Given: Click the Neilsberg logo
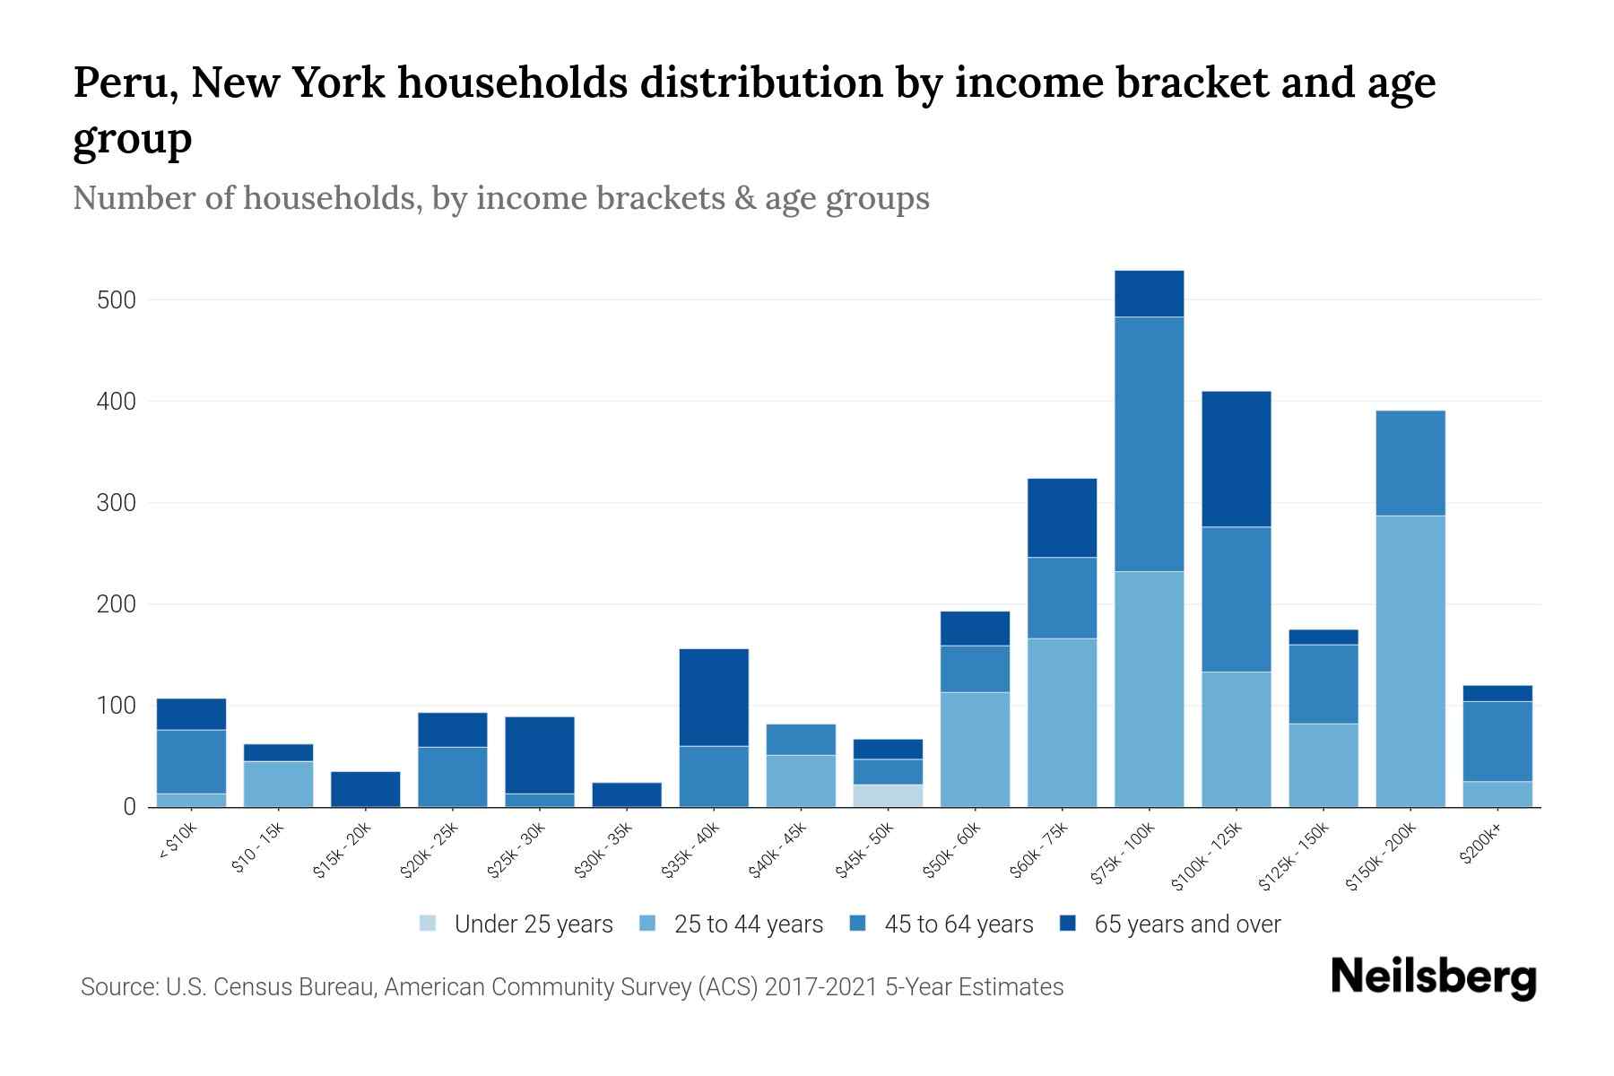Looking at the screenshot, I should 1433,977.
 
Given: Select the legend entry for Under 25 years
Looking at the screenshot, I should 516,924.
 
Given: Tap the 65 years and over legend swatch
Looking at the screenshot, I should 1068,924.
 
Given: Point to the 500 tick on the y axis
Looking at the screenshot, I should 117,300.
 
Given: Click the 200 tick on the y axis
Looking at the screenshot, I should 117,605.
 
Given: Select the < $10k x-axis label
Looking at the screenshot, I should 178,842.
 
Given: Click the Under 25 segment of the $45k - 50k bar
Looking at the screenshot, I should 888,795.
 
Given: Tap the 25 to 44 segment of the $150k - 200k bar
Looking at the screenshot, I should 1410,661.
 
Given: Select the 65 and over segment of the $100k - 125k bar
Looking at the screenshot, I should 1236,459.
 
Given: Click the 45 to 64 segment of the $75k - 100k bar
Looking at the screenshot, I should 1149,444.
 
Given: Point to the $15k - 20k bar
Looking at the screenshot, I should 365,789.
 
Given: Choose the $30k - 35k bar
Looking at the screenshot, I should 627,794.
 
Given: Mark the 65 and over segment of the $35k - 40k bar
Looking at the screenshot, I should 714,697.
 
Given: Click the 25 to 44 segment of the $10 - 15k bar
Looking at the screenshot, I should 278,784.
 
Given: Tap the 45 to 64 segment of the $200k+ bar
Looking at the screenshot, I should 1497,742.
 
